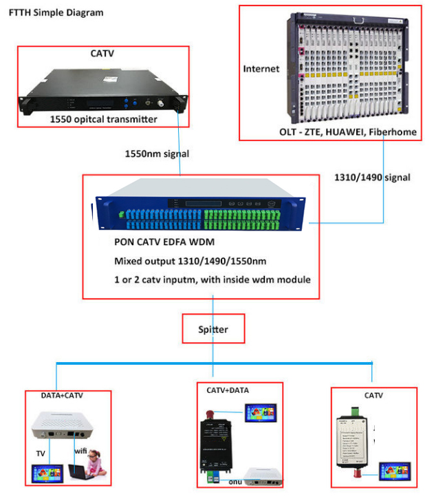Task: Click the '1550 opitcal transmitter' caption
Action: [x=103, y=119]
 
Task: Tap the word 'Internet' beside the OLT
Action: [x=261, y=69]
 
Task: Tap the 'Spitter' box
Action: [x=213, y=330]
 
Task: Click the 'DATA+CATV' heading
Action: [x=62, y=396]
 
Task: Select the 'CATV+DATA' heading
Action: [x=228, y=390]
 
